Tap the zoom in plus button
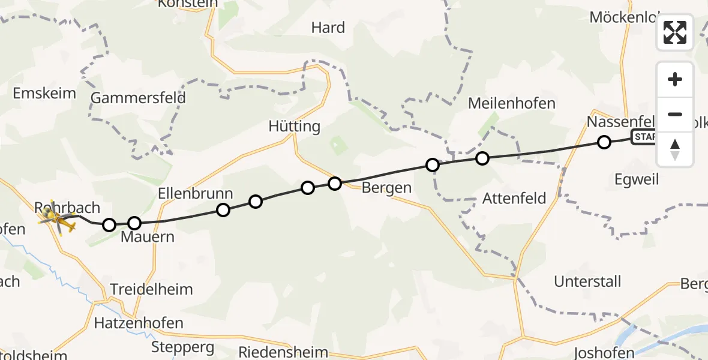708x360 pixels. tap(675, 79)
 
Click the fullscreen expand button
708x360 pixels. tap(675, 32)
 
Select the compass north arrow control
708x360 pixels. tap(675, 149)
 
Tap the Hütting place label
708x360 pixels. tap(294, 127)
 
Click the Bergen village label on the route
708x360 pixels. tap(386, 188)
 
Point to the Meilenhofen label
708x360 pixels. tap(512, 103)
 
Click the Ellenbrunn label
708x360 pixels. tap(196, 194)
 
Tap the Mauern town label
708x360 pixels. tap(147, 237)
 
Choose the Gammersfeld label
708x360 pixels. tap(138, 98)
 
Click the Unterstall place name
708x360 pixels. tap(587, 281)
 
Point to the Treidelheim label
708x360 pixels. tap(152, 289)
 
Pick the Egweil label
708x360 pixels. tap(637, 179)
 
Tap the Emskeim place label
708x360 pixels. tap(44, 93)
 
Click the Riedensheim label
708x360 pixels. tap(283, 352)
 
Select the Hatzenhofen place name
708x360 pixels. tap(139, 323)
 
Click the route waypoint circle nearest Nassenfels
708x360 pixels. tap(604, 142)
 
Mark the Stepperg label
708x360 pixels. tap(182, 347)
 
